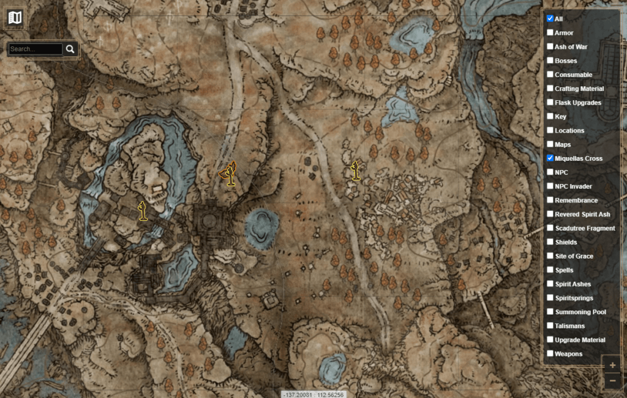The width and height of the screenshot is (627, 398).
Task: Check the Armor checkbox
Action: [x=550, y=32]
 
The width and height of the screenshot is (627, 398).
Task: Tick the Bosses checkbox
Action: [x=550, y=61]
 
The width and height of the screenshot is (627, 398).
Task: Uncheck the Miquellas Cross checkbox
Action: [x=550, y=158]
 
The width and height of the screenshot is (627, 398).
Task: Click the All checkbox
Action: [x=550, y=18]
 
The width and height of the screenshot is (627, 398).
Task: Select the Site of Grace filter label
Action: [x=574, y=256]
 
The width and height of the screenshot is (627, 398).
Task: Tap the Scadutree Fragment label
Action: [x=585, y=228]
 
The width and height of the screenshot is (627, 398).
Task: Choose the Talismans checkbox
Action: [x=550, y=326]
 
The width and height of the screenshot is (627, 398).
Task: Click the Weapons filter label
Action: [x=568, y=354]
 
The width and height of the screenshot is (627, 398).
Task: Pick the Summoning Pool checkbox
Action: [x=550, y=312]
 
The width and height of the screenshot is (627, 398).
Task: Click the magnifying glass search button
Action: [x=70, y=49]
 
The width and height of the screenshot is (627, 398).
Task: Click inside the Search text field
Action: [x=36, y=49]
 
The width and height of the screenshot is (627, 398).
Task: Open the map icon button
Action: [x=14, y=17]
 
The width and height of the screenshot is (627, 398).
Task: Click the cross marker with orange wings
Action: [x=230, y=174]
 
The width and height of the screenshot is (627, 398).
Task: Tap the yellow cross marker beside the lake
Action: [x=143, y=211]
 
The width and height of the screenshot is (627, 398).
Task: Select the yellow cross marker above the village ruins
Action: [x=355, y=171]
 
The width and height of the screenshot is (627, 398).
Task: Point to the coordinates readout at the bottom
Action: [x=313, y=394]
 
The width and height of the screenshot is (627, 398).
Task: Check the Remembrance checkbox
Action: [x=550, y=200]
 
